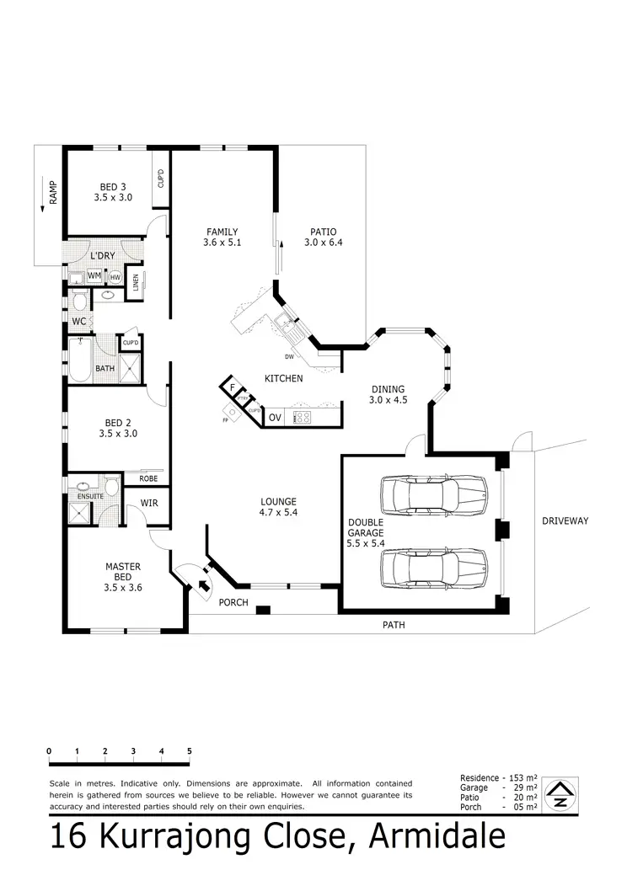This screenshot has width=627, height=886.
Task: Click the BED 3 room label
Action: pos(113,192)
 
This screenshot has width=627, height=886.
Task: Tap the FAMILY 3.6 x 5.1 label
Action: pos(222,238)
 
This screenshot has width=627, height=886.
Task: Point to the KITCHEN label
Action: pos(284,379)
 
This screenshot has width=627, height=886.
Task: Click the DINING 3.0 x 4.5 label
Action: pos(388,395)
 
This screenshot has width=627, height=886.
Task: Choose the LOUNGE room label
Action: pos(278,507)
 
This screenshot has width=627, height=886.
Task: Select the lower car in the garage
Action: pos(433,569)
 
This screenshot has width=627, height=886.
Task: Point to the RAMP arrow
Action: pos(41,207)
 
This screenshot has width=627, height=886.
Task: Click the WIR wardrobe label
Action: pos(149,504)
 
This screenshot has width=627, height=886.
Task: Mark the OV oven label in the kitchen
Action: pos(275,417)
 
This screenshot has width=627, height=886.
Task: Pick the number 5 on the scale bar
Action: pos(190,751)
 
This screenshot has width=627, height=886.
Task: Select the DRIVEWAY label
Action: pos(565,521)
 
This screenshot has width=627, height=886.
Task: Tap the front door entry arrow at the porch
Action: pos(203,587)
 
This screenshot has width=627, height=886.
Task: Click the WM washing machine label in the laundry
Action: pos(94,275)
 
